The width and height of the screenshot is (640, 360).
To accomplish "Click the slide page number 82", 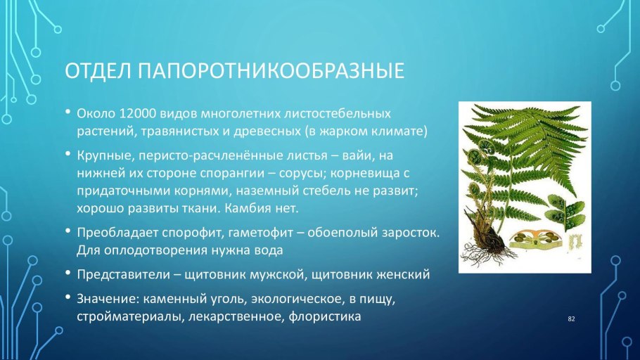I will tap(571, 319).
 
